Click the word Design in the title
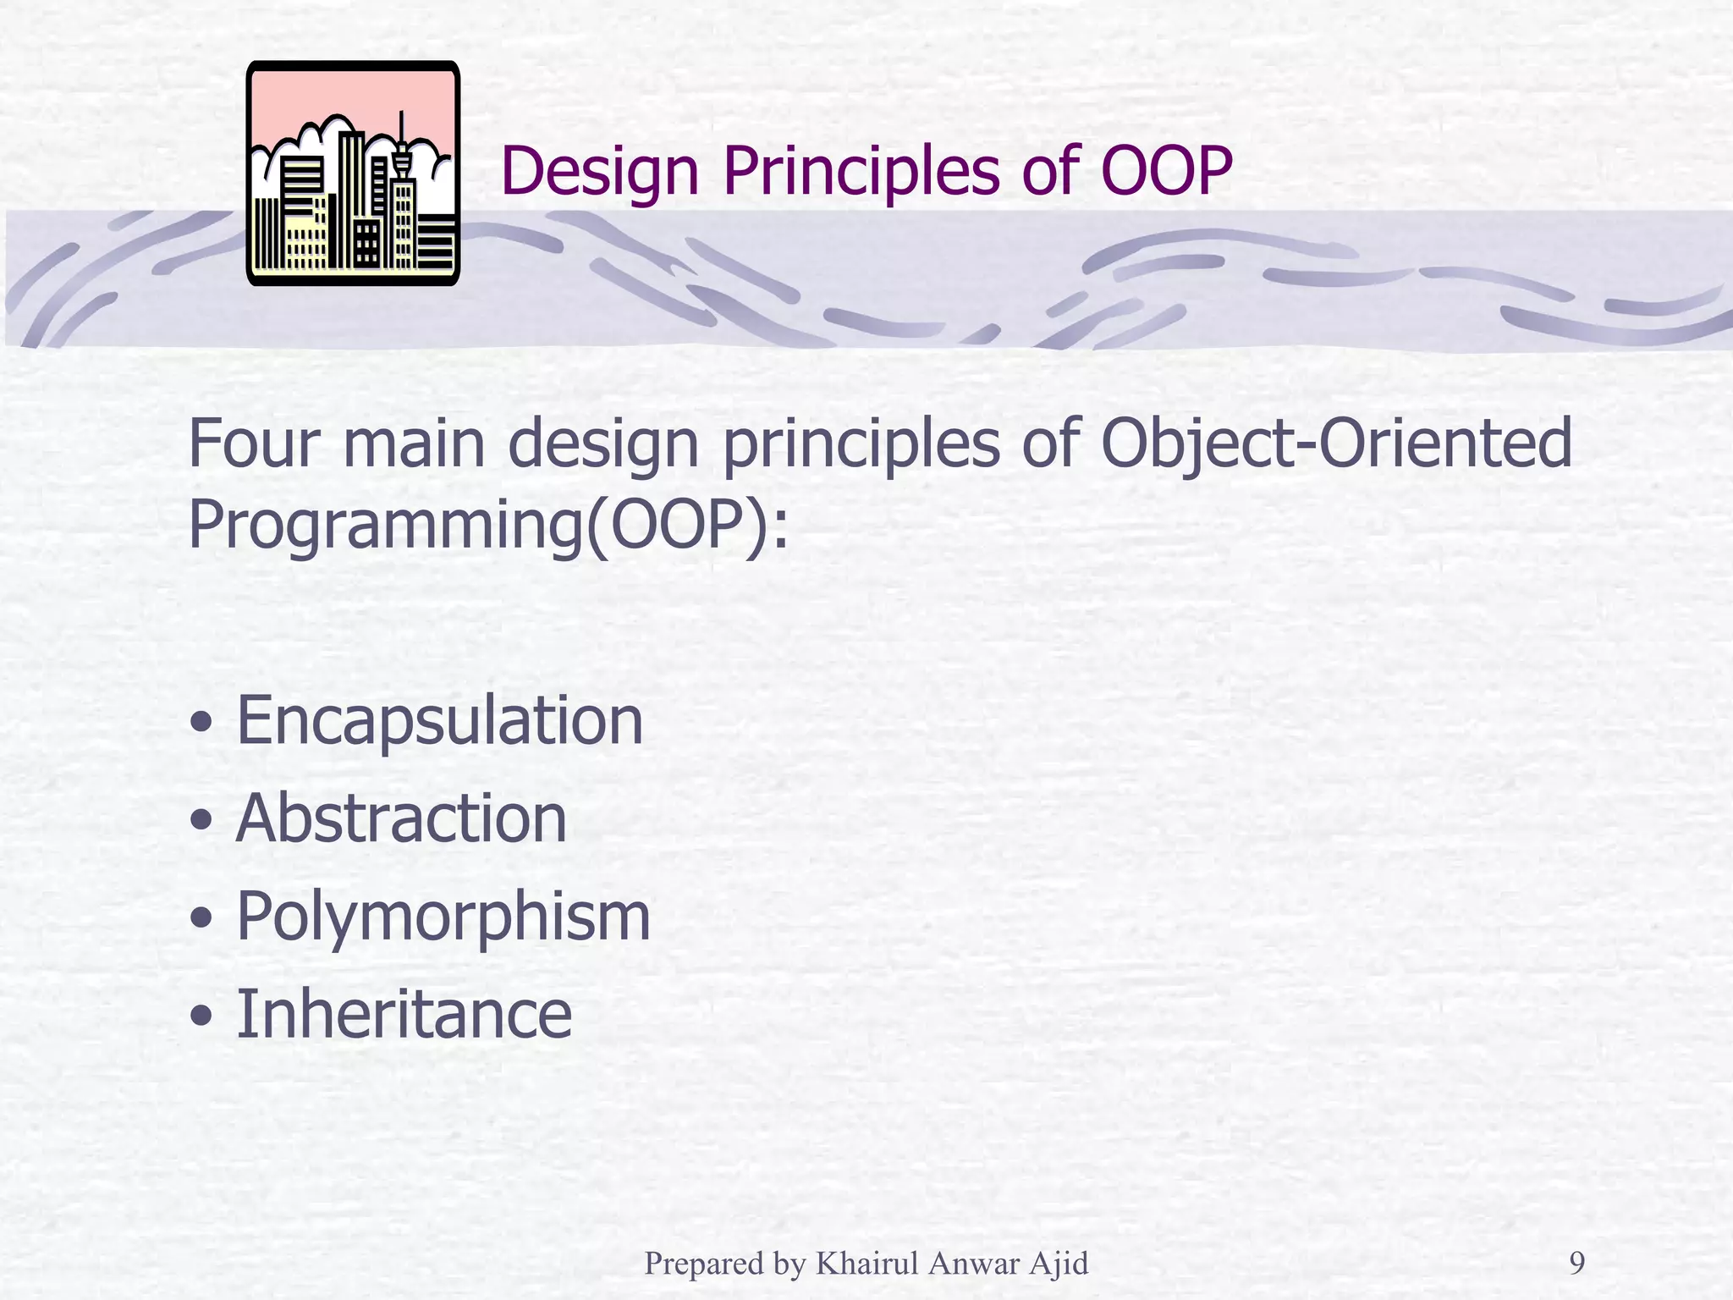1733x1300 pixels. [x=599, y=172]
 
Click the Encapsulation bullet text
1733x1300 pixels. [x=439, y=720]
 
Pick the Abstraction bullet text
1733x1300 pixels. [x=401, y=818]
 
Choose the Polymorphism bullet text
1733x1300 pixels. [x=443, y=917]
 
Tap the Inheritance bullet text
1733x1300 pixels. [x=404, y=1014]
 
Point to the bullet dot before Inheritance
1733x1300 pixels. [x=201, y=1016]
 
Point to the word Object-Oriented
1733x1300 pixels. [x=1335, y=444]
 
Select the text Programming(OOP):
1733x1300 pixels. [x=488, y=526]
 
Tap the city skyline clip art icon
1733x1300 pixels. [x=353, y=173]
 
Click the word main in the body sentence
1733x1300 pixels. [x=413, y=444]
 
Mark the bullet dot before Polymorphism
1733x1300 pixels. [x=201, y=918]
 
